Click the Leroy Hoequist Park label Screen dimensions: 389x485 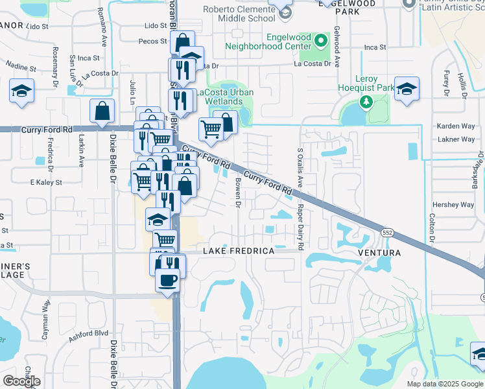pos(366,88)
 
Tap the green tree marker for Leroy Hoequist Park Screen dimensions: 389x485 pos(366,102)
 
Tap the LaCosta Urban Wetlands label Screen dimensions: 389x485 pos(225,97)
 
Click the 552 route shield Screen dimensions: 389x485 pos(387,232)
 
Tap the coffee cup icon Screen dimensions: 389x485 pos(168,279)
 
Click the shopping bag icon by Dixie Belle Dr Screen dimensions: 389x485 pos(102,112)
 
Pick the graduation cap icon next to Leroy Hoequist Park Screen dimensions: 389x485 pos(407,89)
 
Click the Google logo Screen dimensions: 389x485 pos(21,381)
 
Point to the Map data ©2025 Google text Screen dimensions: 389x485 pos(445,384)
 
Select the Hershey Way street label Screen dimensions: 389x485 pos(453,205)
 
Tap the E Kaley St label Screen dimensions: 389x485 pos(45,183)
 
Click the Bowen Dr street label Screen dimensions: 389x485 pos(238,193)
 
